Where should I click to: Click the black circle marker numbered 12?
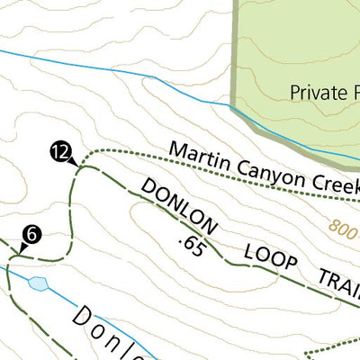[60, 153]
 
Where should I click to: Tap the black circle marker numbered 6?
[31, 235]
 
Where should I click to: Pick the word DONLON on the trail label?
[179, 203]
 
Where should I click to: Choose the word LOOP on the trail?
[269, 259]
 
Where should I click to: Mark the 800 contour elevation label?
[343, 228]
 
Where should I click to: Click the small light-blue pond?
[38, 283]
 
